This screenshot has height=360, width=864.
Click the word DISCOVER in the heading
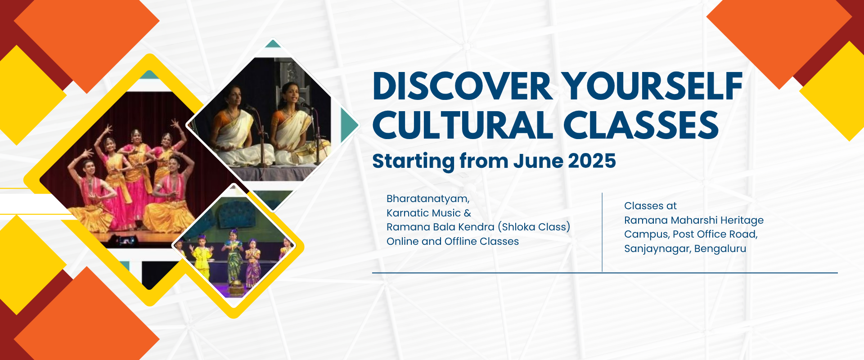(x=463, y=86)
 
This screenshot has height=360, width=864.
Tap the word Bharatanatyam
(x=428, y=199)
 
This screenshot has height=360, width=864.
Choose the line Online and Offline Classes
(x=453, y=241)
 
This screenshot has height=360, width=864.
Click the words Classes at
(x=650, y=206)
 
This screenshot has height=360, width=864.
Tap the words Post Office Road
(x=715, y=234)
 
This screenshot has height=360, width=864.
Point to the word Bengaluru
(x=720, y=248)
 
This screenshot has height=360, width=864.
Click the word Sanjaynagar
(x=657, y=249)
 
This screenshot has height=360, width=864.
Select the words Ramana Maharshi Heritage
(x=694, y=220)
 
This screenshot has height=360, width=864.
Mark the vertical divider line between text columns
(x=602, y=232)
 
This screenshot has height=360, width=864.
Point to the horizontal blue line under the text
(x=605, y=273)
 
